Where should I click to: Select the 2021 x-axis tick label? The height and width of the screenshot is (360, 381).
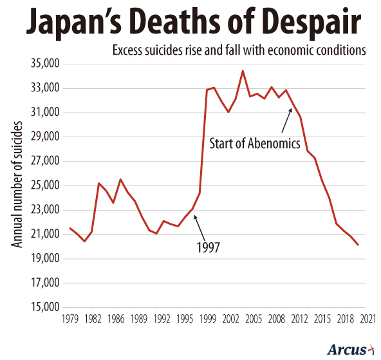[367, 319]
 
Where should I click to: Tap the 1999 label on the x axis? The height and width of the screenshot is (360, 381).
[208, 319]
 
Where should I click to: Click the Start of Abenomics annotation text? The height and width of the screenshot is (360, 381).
[255, 143]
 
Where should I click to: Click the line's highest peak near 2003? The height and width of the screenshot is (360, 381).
[243, 71]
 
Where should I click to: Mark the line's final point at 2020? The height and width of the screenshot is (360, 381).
[358, 245]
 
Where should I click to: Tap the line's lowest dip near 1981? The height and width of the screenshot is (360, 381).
[84, 241]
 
